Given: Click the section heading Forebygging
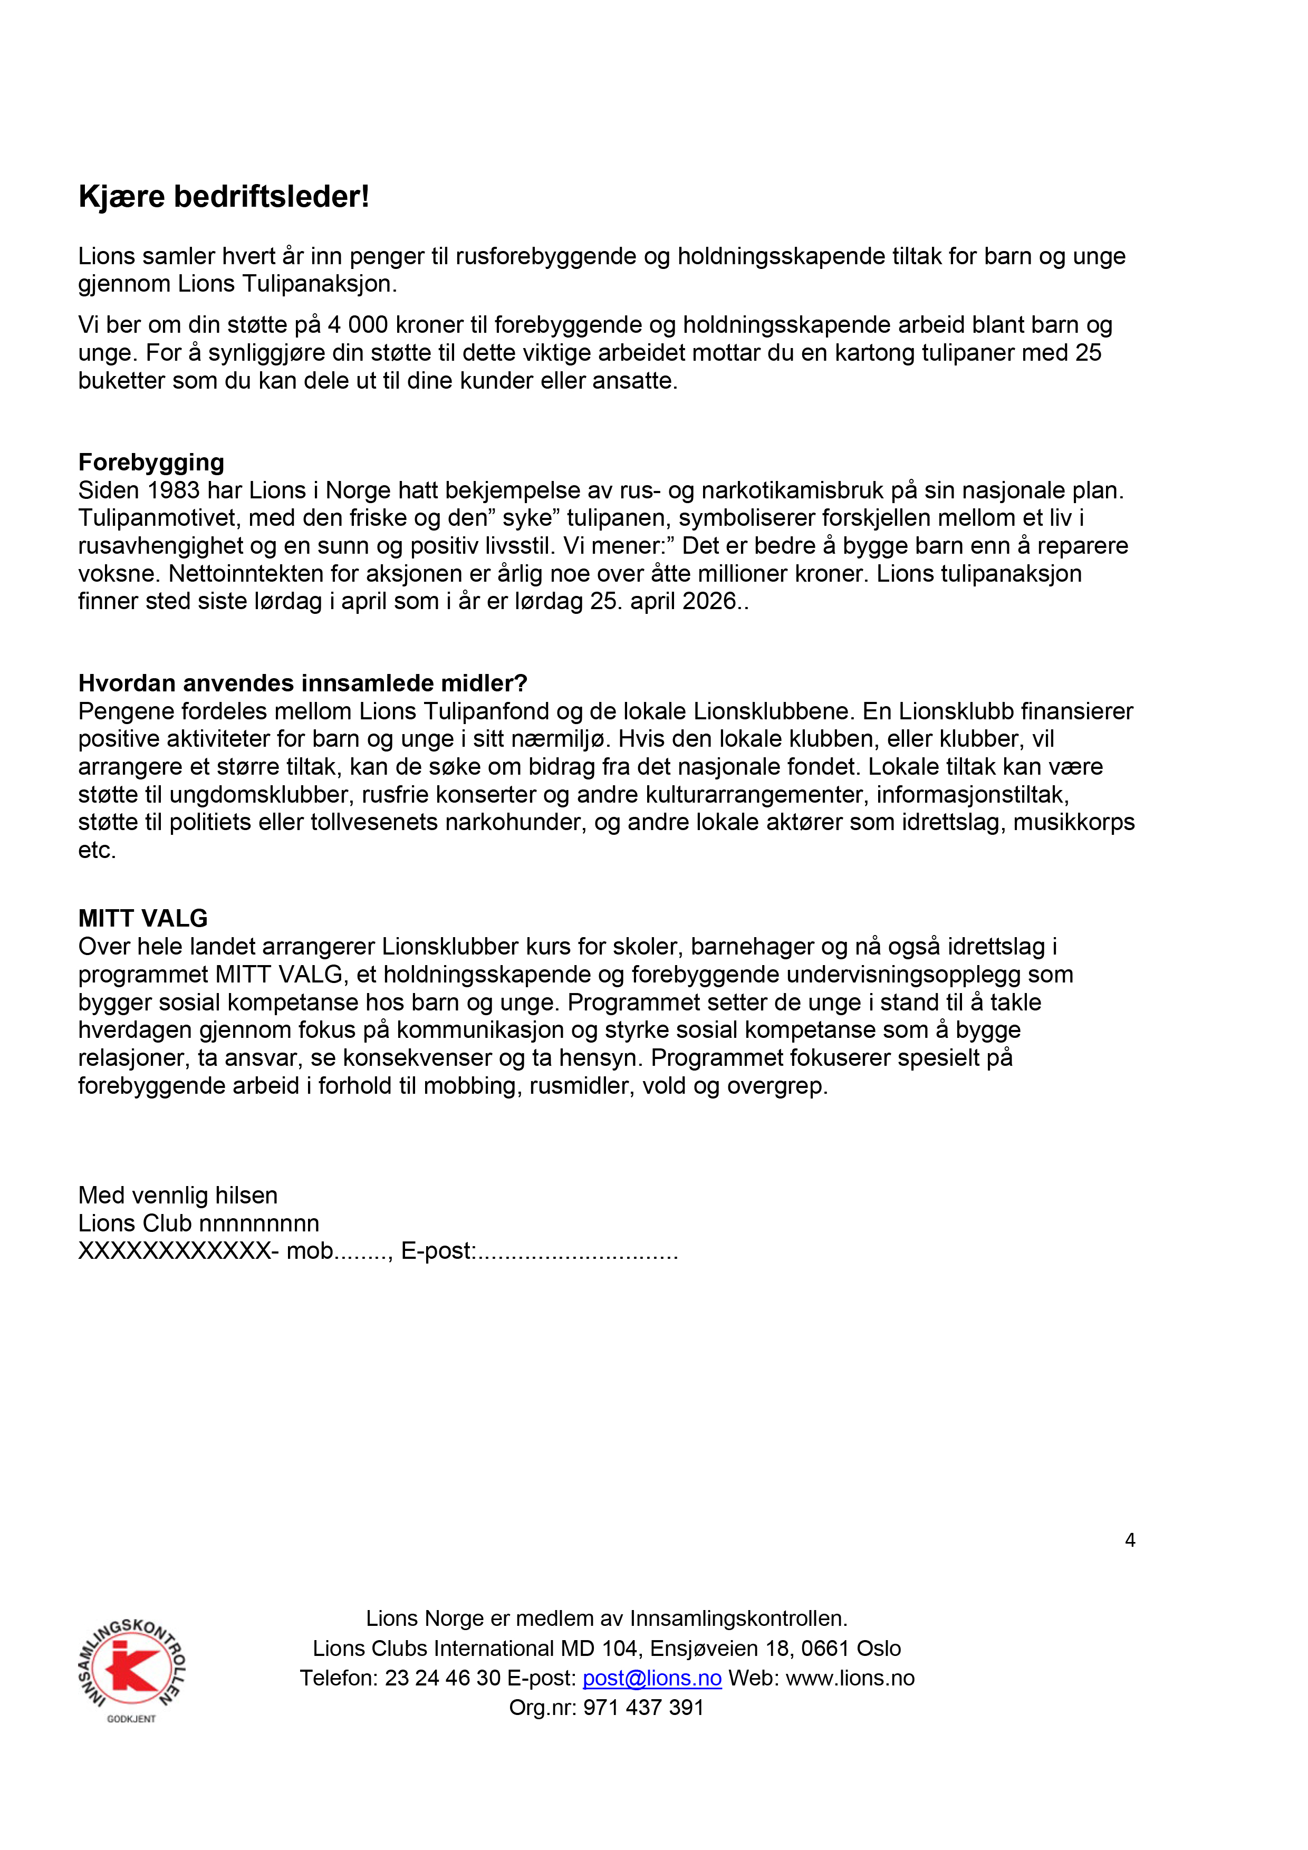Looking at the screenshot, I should (151, 462).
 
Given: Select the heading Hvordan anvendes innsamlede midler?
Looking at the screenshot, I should (302, 683).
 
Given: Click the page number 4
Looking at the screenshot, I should (1130, 1540).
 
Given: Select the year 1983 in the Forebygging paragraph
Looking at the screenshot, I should (174, 490).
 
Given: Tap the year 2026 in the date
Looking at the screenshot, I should (709, 601).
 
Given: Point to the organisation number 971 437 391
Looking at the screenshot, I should (643, 1708).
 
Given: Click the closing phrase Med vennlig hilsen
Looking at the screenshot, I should (177, 1195).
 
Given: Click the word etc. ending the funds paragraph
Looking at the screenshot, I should (97, 850).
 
